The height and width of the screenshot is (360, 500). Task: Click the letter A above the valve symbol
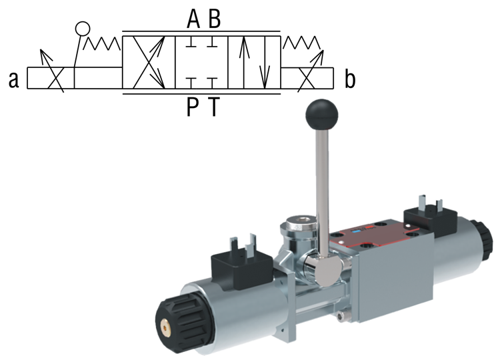[x=193, y=20]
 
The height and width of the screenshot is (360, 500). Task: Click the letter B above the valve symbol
[x=214, y=20]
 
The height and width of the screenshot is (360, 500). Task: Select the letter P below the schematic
[x=193, y=107]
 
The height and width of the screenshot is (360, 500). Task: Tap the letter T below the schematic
[x=213, y=107]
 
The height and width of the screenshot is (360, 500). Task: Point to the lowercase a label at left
[x=13, y=80]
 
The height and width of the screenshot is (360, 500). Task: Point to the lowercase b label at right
[x=350, y=80]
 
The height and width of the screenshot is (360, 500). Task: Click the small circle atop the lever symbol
[x=82, y=29]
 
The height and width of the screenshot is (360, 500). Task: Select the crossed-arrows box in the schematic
[x=149, y=63]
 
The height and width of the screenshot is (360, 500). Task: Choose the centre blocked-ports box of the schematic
[x=201, y=63]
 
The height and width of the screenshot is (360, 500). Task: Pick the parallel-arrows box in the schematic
[x=254, y=63]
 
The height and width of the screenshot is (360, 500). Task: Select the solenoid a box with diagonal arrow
[x=50, y=79]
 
